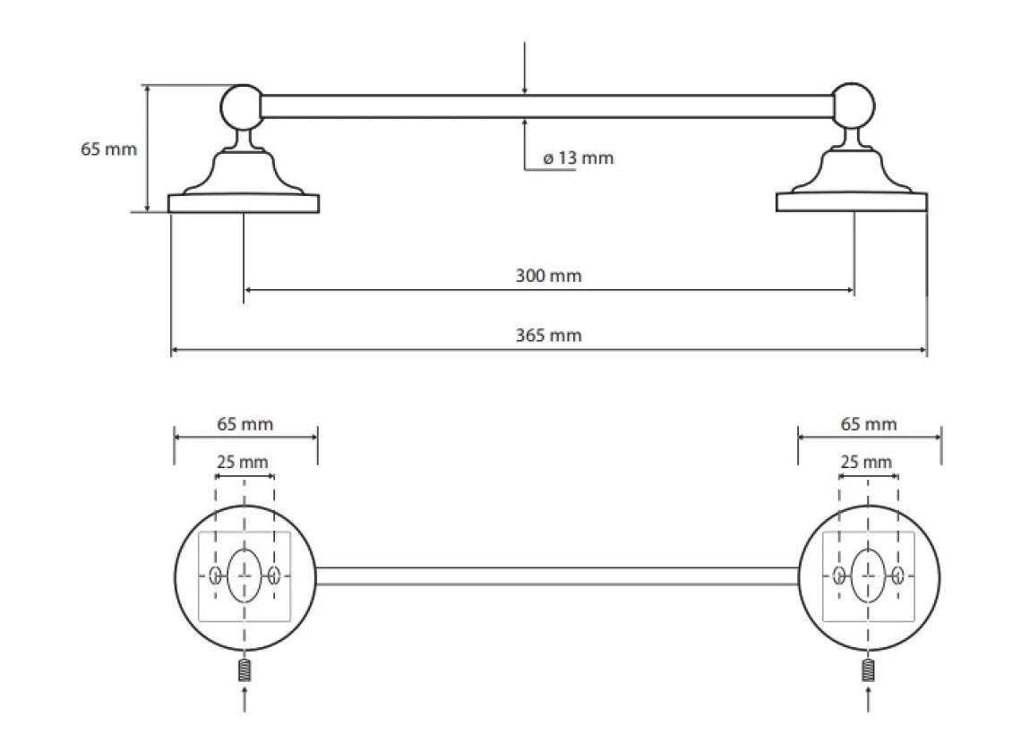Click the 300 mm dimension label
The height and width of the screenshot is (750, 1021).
tap(548, 276)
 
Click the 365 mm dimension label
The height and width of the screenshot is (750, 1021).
tap(548, 336)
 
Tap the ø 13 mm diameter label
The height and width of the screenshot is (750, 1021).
tap(579, 158)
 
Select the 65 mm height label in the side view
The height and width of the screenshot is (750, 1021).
tap(108, 149)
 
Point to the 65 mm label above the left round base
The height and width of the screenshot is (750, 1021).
tap(245, 424)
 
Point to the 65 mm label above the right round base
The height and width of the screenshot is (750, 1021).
tap(869, 424)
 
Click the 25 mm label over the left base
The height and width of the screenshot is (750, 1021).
tap(242, 463)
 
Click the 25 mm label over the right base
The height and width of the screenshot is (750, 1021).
tap(866, 463)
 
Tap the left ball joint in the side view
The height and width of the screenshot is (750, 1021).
tap(242, 107)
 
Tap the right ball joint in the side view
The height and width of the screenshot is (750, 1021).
tap(854, 106)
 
